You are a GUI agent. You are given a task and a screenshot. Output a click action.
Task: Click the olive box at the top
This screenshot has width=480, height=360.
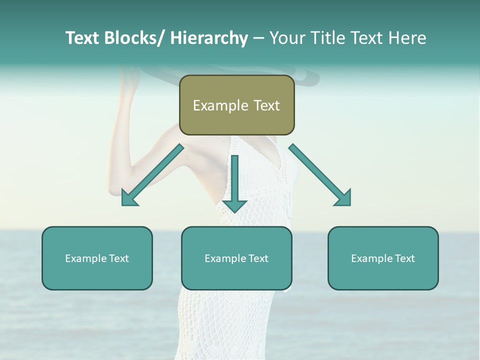(x=236, y=105)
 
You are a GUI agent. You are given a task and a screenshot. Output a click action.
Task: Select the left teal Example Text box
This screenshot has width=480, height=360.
(x=97, y=258)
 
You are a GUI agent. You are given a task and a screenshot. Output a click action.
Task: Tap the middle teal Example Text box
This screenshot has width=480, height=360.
(x=236, y=258)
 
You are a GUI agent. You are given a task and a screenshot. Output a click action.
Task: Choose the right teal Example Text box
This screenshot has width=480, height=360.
(x=383, y=258)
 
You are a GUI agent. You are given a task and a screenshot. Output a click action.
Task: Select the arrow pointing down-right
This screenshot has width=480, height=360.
(x=320, y=175)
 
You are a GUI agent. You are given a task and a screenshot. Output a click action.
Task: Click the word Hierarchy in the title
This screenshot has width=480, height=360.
(x=208, y=38)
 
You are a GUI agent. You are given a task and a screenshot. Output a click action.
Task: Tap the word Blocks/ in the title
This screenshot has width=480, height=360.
(x=135, y=38)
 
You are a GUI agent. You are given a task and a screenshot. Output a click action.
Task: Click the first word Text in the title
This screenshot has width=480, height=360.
(x=83, y=38)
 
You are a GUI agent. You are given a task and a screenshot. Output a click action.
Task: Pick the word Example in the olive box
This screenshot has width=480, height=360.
(x=220, y=105)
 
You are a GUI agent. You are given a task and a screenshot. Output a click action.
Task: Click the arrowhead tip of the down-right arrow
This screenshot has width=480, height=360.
(x=349, y=204)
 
